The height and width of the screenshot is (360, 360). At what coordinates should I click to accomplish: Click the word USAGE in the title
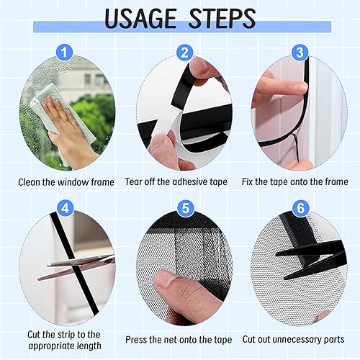(140, 19)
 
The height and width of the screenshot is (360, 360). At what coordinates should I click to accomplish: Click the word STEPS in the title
(222, 19)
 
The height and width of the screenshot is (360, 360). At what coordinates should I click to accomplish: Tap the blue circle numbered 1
(64, 53)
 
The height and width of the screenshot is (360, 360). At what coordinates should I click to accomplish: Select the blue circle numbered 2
(184, 53)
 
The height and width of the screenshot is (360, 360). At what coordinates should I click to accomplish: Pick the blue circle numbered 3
(300, 53)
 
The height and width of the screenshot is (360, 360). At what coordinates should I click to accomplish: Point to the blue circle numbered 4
(66, 208)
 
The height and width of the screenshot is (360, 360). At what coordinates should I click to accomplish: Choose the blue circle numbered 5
(185, 208)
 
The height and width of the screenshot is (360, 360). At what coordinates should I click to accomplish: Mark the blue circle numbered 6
(300, 208)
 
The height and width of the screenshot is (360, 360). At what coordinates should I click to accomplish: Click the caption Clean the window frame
(66, 182)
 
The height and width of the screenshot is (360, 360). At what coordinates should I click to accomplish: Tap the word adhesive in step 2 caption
(190, 181)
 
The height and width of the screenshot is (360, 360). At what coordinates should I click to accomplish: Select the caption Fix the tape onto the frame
(294, 181)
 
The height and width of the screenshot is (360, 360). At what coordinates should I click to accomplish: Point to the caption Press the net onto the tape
(179, 340)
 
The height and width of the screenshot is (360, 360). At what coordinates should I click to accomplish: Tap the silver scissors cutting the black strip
(76, 267)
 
